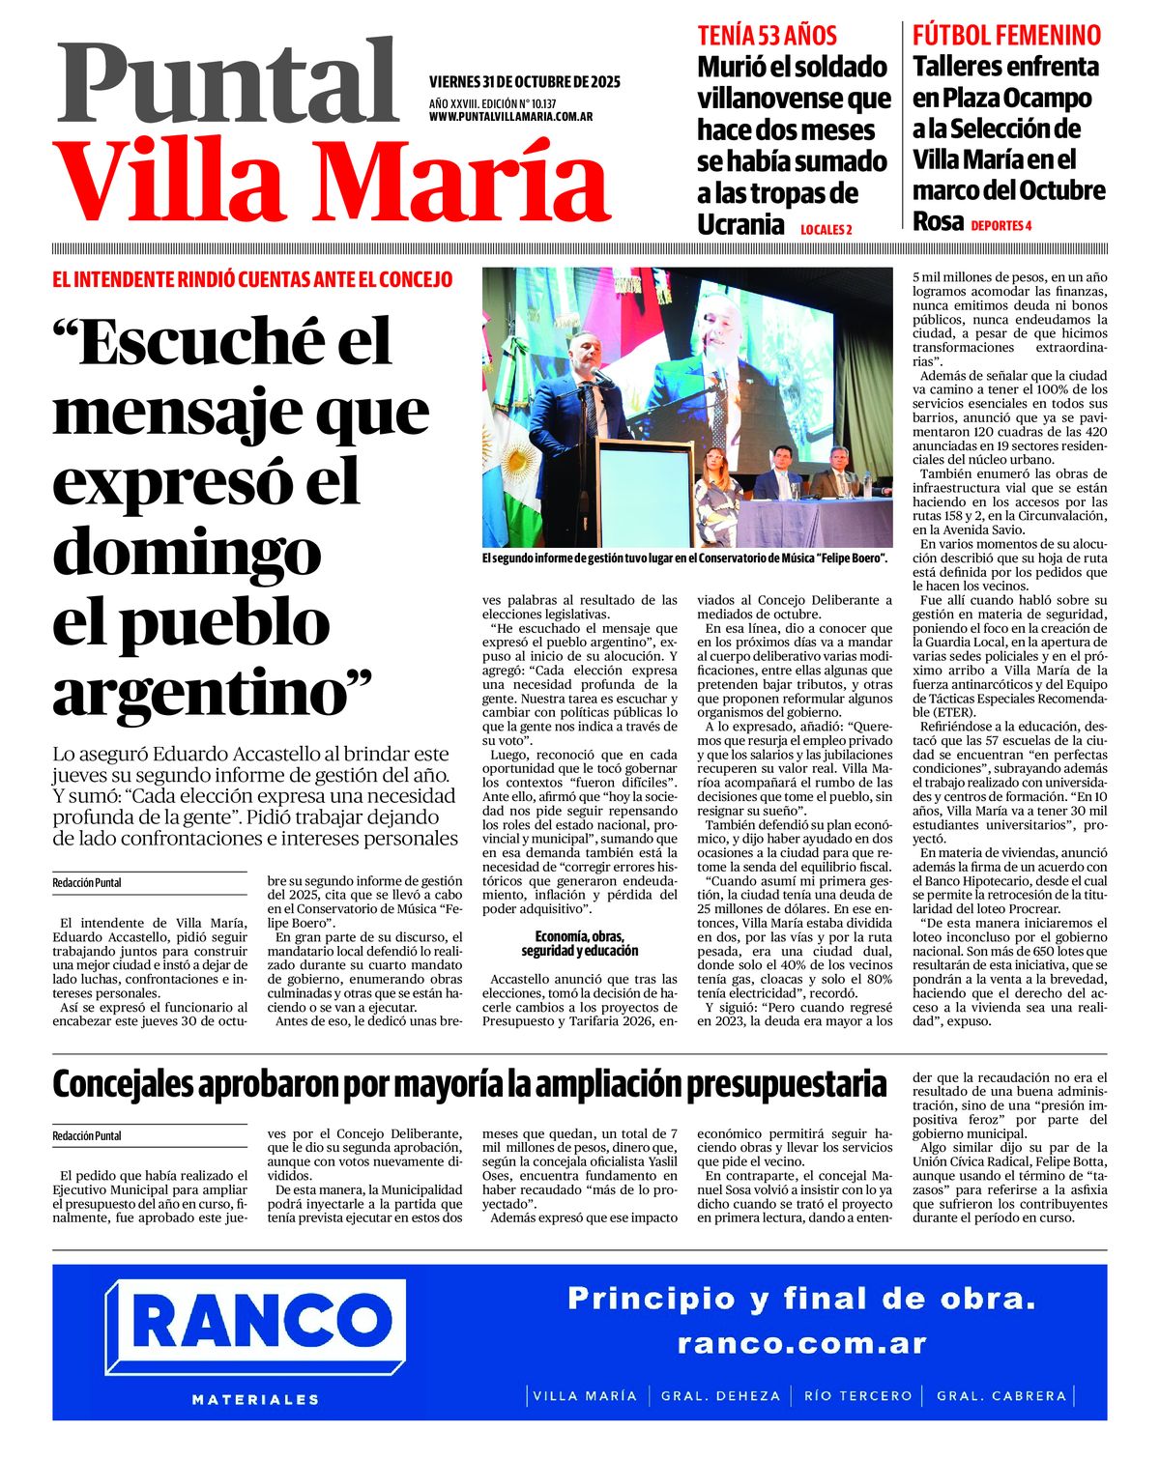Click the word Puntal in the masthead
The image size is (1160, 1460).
click(227, 85)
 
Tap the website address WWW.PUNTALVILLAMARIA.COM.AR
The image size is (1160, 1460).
click(510, 116)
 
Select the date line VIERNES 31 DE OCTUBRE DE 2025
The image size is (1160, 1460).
click(524, 81)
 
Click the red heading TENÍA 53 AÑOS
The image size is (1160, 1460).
click(767, 36)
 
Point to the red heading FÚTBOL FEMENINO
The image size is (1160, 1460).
click(1006, 36)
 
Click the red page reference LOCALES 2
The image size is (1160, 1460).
click(826, 230)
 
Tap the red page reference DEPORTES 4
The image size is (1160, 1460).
click(1001, 226)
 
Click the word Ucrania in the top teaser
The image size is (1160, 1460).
click(740, 225)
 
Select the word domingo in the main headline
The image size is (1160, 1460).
click(186, 551)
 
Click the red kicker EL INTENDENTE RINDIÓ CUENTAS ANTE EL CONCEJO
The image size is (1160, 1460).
click(252, 280)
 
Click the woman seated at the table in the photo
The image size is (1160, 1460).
click(714, 476)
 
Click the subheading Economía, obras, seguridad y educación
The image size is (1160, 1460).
click(580, 943)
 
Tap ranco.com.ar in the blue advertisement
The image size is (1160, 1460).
click(801, 1343)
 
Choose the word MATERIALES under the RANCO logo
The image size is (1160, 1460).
click(255, 1399)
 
